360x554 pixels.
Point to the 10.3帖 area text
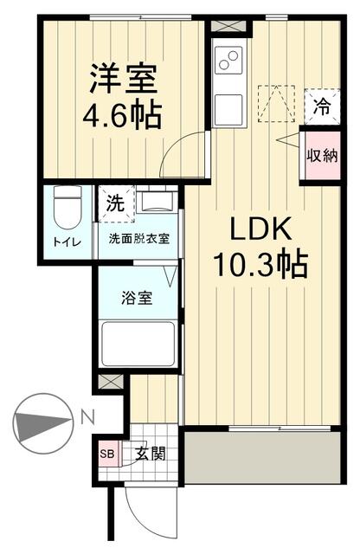point(257,265)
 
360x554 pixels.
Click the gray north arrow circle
point(41,422)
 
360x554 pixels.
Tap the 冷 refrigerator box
point(320,109)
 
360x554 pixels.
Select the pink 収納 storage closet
point(319,156)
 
